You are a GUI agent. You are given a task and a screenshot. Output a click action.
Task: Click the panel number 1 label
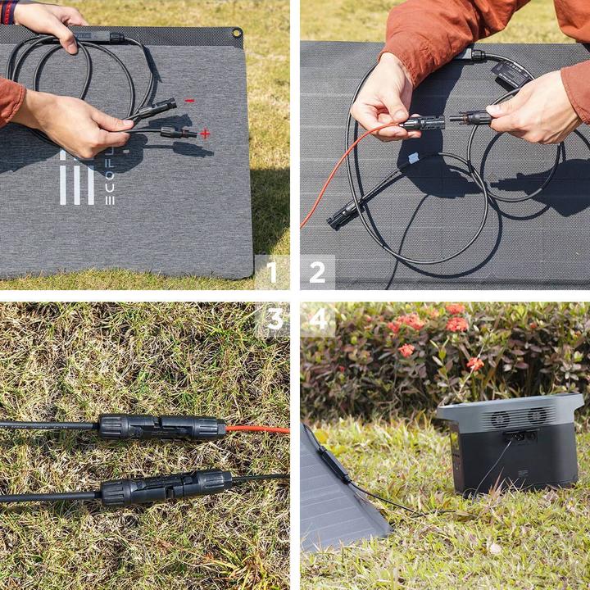tap(271, 272)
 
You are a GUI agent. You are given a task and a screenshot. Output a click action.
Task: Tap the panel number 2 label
tap(317, 272)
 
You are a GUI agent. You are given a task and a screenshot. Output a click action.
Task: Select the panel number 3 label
tap(275, 320)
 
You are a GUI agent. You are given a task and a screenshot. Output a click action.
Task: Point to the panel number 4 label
tap(318, 320)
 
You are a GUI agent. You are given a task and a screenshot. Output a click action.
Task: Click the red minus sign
tap(189, 101)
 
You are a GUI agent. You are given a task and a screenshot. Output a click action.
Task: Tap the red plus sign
tap(204, 134)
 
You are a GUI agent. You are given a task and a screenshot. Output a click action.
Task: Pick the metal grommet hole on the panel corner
tap(237, 34)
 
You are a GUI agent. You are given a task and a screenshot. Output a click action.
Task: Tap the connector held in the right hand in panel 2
tap(474, 118)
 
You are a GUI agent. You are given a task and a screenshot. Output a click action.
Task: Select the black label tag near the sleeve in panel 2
tap(510, 75)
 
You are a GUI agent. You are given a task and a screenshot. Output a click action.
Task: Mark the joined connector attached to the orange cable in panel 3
tap(161, 427)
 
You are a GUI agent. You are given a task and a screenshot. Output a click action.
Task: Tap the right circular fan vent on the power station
tap(537, 415)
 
